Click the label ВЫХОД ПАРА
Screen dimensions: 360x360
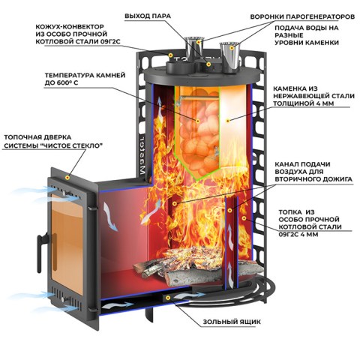coord(148,16)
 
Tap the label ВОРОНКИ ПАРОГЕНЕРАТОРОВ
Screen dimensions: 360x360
coord(302,16)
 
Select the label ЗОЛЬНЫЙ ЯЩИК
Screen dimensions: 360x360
coord(232,322)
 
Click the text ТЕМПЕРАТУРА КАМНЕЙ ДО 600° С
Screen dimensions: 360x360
coord(85,79)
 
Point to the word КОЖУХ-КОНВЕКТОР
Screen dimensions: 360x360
coord(70,26)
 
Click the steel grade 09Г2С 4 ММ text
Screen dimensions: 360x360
coord(298,234)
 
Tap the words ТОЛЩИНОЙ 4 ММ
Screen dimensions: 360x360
coord(304,103)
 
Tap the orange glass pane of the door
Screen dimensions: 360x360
coord(67,244)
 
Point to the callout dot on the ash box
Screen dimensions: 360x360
coord(168,298)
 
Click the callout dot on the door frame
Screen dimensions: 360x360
coord(67,178)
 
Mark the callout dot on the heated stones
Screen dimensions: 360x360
coord(198,121)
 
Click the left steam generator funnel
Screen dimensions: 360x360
coord(193,49)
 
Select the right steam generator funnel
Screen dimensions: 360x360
coord(229,58)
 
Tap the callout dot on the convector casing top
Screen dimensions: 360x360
coord(170,55)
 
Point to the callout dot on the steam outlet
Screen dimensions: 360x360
coord(208,64)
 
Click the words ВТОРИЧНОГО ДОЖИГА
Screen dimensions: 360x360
coord(313,179)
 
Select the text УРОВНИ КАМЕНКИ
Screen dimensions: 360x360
coord(307,43)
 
